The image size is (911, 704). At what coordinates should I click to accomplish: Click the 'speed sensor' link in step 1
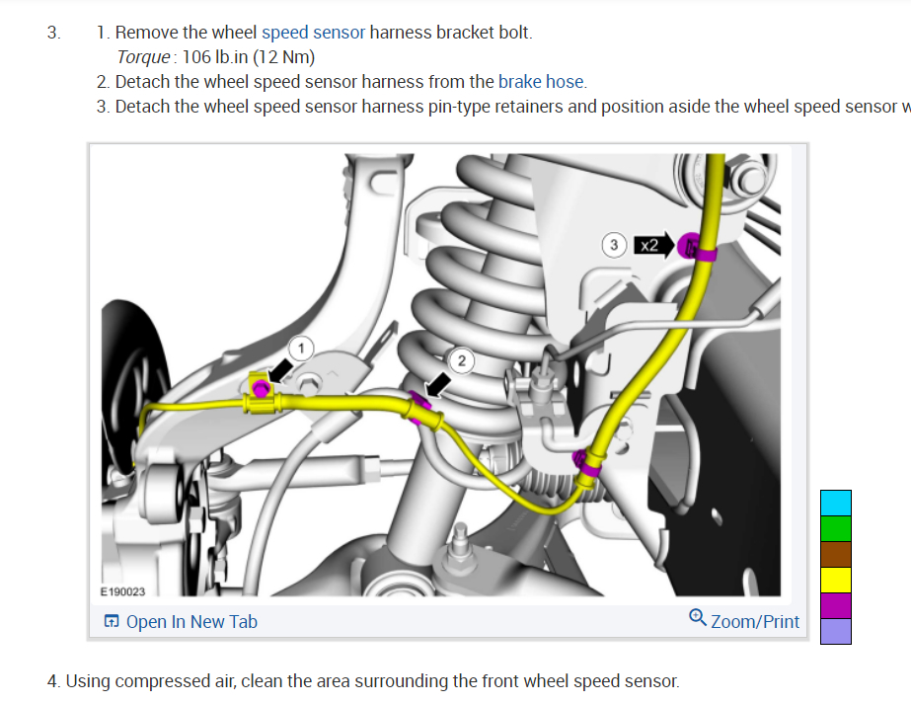pyautogui.click(x=313, y=33)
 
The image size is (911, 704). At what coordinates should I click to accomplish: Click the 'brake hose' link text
pyautogui.click(x=541, y=82)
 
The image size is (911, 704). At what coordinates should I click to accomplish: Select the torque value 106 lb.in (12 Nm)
pyautogui.click(x=249, y=57)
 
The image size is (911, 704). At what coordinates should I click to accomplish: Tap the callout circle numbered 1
pyautogui.click(x=303, y=347)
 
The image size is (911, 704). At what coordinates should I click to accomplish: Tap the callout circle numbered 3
pyautogui.click(x=615, y=243)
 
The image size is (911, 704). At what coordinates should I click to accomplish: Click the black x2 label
pyautogui.click(x=648, y=244)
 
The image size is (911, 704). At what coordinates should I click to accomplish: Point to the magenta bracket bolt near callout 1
pyautogui.click(x=261, y=388)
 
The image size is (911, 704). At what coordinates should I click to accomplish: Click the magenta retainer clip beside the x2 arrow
pyautogui.click(x=694, y=246)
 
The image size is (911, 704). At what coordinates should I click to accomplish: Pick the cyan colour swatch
pyautogui.click(x=835, y=503)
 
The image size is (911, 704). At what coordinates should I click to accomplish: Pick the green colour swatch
pyautogui.click(x=835, y=528)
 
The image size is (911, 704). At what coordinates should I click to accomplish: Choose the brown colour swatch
pyautogui.click(x=835, y=554)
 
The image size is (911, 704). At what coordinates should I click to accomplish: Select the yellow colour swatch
pyautogui.click(x=835, y=580)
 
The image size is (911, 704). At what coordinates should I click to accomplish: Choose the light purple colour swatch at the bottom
pyautogui.click(x=835, y=631)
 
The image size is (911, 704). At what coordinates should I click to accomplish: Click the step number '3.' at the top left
pyautogui.click(x=53, y=33)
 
